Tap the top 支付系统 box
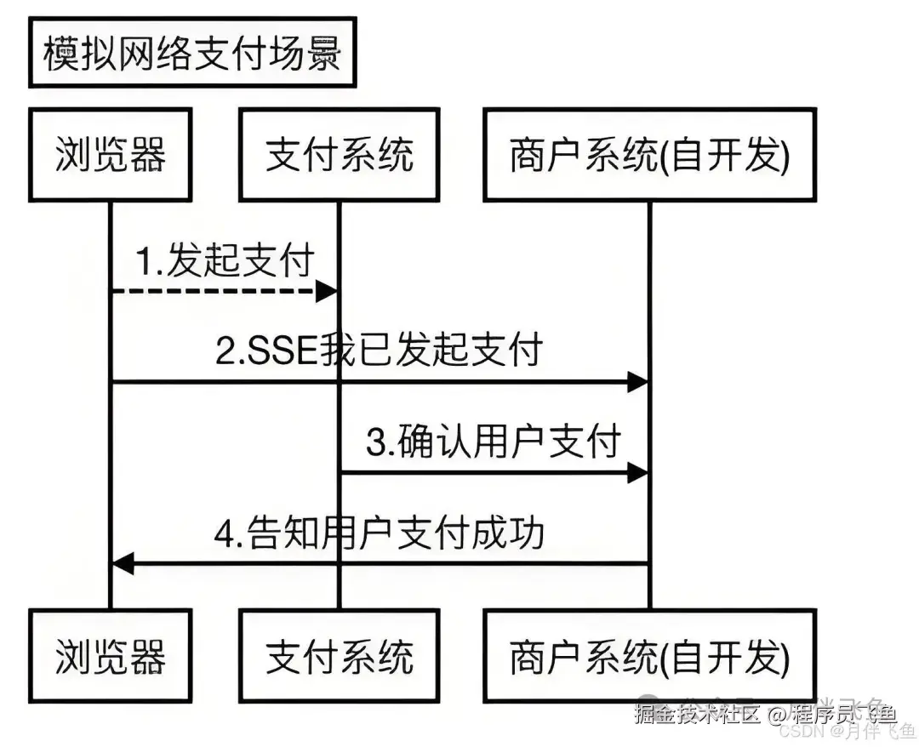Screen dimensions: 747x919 (340, 155)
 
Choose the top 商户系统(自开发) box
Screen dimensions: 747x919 (649, 155)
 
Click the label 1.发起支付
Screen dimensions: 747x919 (226, 260)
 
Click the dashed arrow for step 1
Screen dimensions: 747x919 (213, 292)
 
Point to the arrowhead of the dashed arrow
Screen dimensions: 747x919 (328, 292)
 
